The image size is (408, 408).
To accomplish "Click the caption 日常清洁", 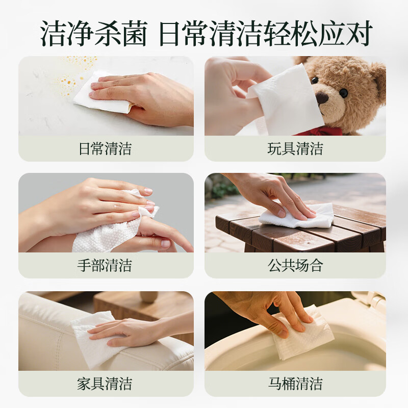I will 106,149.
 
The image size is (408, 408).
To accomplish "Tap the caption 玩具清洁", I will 295,149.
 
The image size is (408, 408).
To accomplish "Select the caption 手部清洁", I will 106,266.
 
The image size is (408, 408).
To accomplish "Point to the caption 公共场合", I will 295,266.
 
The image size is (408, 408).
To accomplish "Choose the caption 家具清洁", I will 106,384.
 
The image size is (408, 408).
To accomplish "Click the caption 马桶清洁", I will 295,384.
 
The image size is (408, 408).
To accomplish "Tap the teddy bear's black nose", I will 322,98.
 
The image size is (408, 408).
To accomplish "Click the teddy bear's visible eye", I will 343,92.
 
